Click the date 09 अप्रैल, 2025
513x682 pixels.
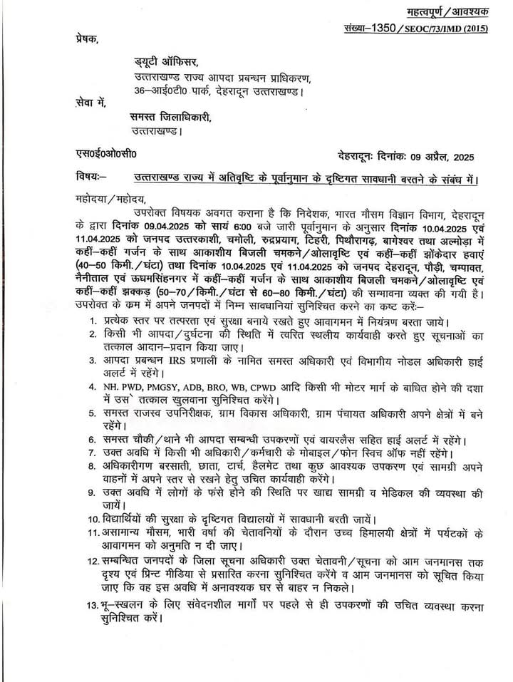coord(435,156)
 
